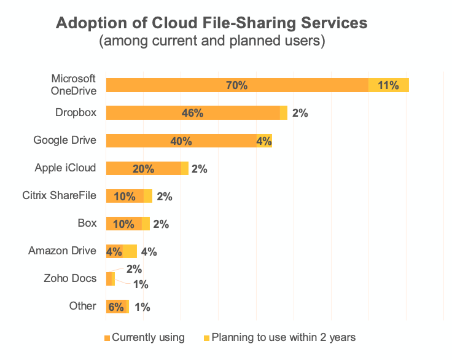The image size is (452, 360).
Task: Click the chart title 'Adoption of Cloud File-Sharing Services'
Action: [x=212, y=23]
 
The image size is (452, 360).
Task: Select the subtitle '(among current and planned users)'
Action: [x=212, y=42]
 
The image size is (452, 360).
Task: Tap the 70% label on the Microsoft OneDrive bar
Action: [x=236, y=85]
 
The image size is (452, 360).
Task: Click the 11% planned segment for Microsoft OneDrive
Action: [x=389, y=85]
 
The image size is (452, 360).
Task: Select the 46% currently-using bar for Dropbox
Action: [x=192, y=113]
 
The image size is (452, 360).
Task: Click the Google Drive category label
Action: [x=64, y=140]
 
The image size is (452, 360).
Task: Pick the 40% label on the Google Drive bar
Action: [x=181, y=141]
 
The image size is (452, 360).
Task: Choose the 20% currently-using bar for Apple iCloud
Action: [x=143, y=169]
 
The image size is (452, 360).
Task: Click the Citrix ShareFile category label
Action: [x=59, y=195]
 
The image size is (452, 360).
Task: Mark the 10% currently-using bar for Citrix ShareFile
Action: [x=125, y=197]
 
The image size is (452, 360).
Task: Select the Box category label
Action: [x=87, y=223]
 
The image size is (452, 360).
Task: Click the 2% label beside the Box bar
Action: [x=161, y=224]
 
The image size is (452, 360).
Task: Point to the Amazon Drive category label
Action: [x=62, y=251]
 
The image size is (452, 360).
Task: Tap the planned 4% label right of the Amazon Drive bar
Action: [x=149, y=251]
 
